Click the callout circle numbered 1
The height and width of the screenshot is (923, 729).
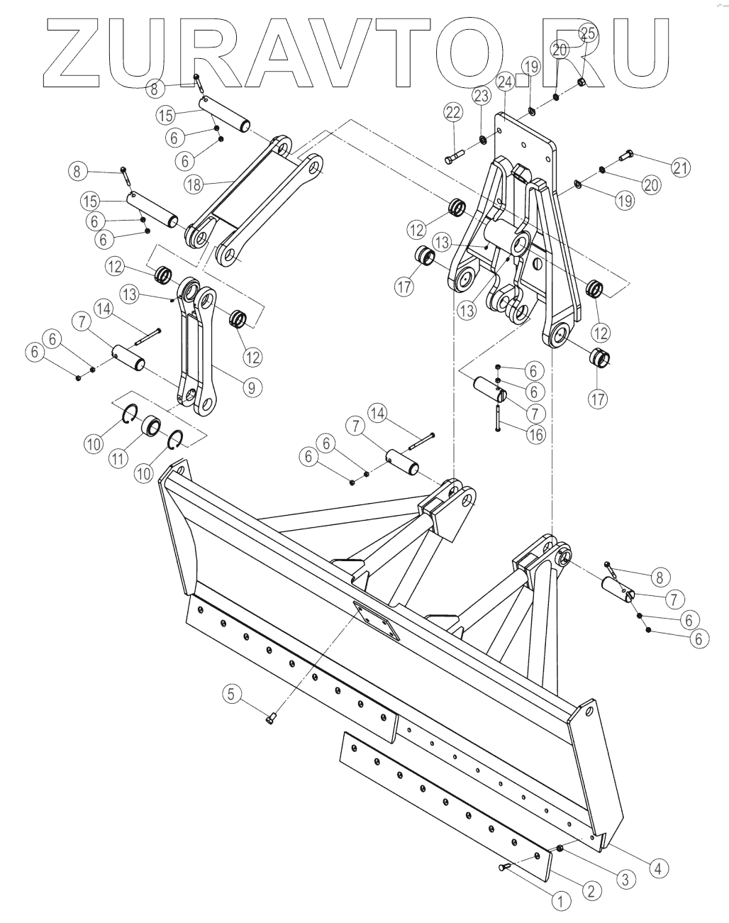[560, 902]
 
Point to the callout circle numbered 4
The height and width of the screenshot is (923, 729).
[657, 867]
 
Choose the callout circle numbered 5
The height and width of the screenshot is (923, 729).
[231, 693]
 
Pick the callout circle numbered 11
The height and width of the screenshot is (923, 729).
[118, 458]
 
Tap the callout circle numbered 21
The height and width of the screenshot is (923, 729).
[681, 167]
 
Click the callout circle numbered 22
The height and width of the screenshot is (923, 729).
[453, 111]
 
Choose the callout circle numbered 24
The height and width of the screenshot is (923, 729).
[505, 82]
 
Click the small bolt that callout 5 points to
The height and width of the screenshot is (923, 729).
[270, 719]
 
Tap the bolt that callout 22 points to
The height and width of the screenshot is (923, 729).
[455, 159]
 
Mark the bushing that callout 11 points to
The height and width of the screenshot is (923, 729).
[150, 426]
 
